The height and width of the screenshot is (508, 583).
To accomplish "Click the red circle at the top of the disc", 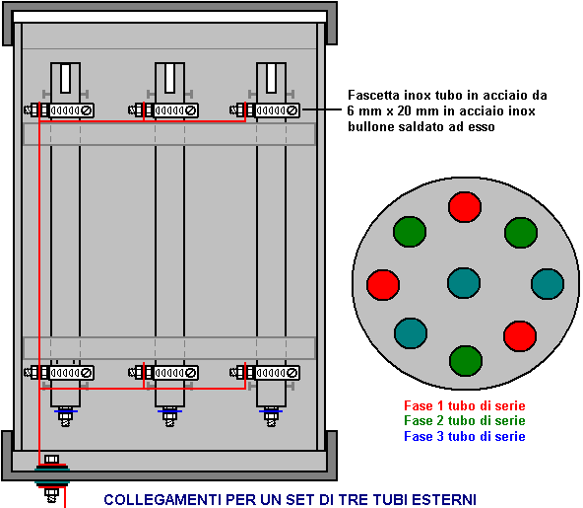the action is pos(465,207).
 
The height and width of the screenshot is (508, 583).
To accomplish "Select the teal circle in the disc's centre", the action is pos(464,283).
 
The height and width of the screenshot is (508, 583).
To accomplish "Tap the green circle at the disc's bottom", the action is pos(466,361).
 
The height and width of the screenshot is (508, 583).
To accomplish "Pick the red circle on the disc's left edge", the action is pos(383,285).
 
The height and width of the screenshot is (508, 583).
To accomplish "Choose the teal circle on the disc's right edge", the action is pos(548,284).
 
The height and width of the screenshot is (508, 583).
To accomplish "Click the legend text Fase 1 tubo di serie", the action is pos(465,405).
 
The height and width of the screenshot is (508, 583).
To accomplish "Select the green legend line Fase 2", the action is pos(465,421).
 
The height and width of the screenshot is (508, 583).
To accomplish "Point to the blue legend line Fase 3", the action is pos(465,436).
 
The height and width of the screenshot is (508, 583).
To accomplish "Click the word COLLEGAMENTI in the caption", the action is pos(163,499).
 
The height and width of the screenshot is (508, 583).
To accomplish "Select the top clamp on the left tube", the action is pos(59,110).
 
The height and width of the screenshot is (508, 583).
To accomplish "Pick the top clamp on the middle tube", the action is pos(162,110).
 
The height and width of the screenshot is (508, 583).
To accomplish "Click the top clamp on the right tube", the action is pos(265,110).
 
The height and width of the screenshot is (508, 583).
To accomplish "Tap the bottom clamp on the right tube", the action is pos(265,373).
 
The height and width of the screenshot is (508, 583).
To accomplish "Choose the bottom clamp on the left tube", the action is pos(59,373).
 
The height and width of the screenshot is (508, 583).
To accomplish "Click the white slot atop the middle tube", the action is pos(170,78).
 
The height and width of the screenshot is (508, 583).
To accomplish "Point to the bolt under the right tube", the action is pos(271,417).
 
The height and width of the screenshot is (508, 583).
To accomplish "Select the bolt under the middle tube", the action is pos(170,417).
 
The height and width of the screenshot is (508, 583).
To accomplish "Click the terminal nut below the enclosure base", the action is pos(51,494).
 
